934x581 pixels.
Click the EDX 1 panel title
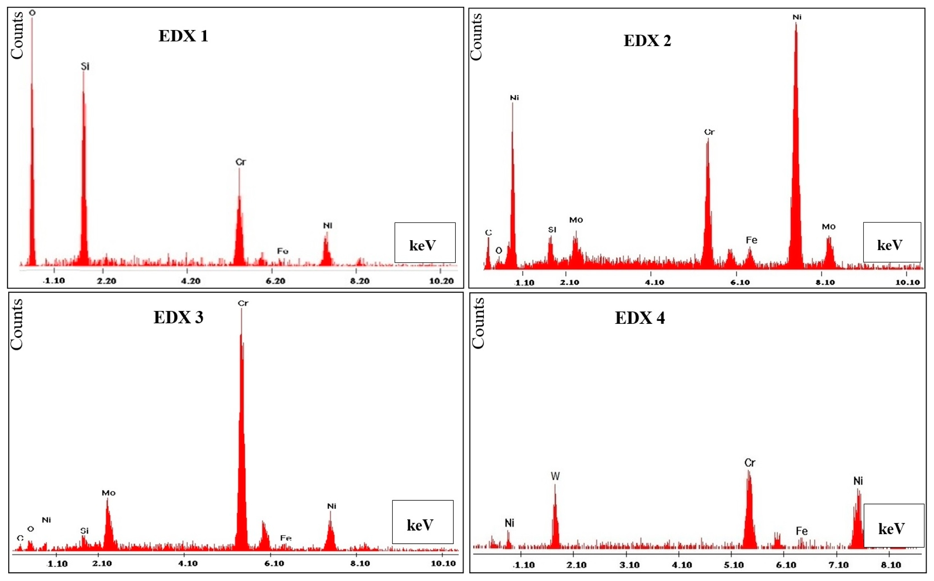(183, 36)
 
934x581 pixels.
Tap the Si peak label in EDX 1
(85, 66)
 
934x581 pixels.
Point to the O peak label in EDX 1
(32, 13)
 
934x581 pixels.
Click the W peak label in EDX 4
(555, 476)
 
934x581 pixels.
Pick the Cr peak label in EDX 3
(243, 303)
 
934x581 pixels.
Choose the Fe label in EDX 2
(751, 240)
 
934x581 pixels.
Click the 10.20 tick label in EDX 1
(441, 281)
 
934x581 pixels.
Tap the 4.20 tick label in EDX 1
(191, 281)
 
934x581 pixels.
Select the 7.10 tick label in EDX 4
(838, 565)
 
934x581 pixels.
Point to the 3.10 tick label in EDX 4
(629, 565)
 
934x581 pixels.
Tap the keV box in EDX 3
(422, 522)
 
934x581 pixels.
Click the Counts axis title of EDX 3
(17, 325)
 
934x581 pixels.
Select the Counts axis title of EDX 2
(476, 37)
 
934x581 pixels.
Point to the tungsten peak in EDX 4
(555, 519)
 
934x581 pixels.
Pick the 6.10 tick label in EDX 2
(740, 282)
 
